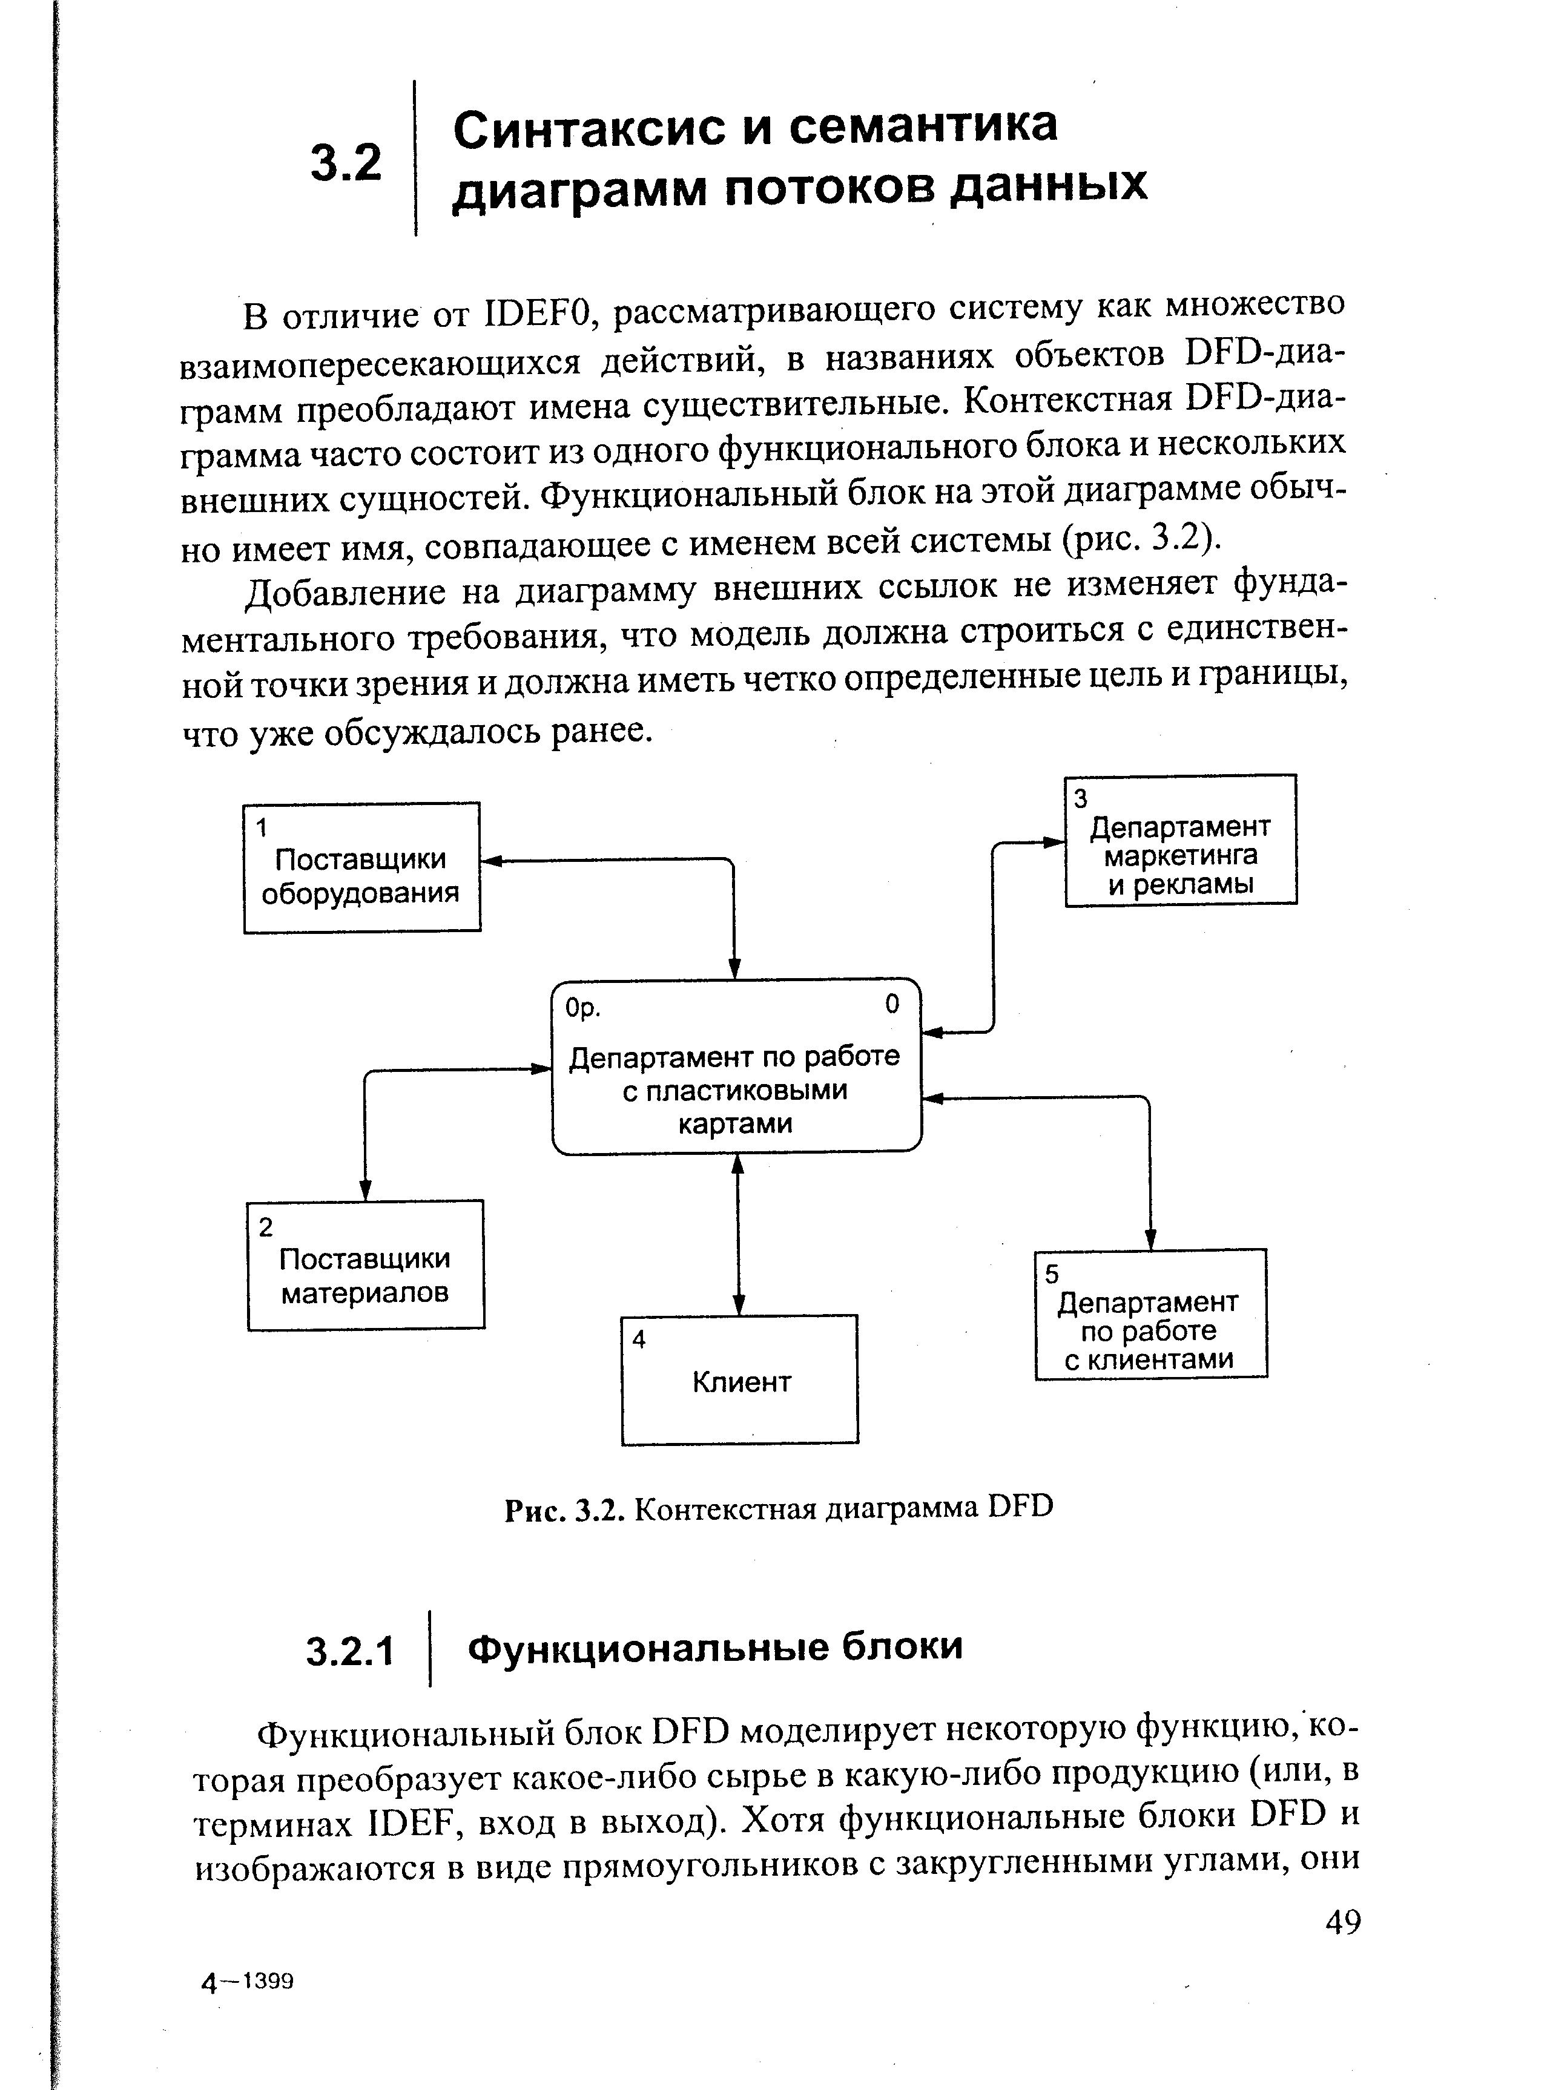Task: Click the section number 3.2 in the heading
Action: point(346,162)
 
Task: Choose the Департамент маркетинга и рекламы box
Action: point(1180,841)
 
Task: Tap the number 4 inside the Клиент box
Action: point(639,1339)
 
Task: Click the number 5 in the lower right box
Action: point(1052,1274)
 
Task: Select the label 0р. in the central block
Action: point(582,1008)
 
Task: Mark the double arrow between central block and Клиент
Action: point(739,1234)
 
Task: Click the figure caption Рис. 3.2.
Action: point(565,1508)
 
